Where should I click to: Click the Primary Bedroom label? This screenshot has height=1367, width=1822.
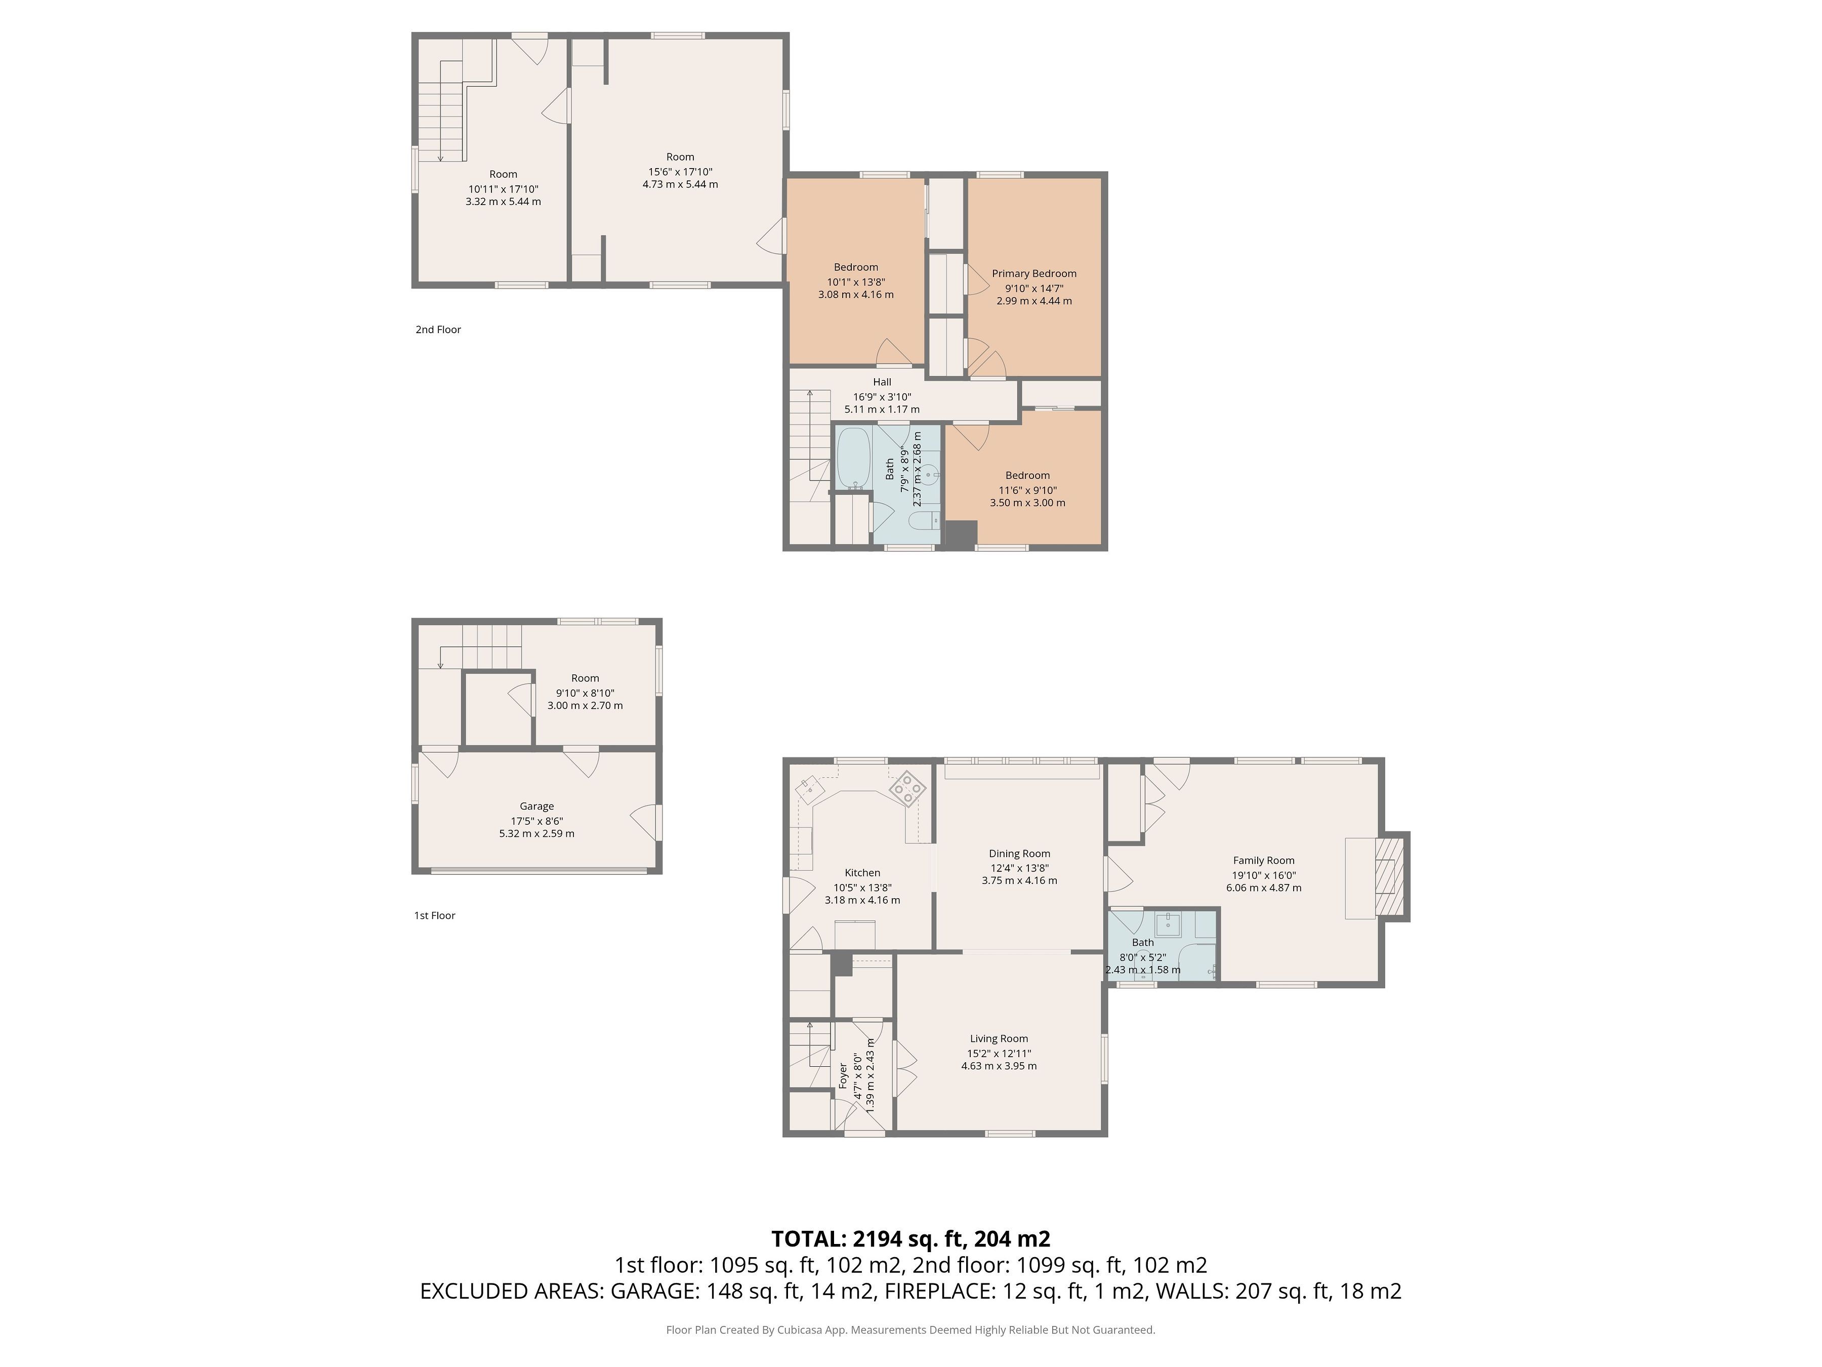click(x=1033, y=273)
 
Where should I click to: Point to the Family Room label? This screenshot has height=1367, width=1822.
click(x=1264, y=860)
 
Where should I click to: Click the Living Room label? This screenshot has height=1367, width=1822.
click(x=999, y=1038)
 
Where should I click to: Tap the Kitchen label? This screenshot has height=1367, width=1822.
click(x=862, y=873)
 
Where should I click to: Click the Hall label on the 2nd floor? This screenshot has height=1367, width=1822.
click(x=882, y=382)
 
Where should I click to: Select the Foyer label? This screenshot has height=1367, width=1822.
click(x=843, y=1075)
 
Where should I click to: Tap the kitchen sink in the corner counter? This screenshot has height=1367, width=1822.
click(x=810, y=789)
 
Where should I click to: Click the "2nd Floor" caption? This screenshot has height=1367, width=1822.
click(x=438, y=330)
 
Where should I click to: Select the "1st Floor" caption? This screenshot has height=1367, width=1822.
click(x=435, y=915)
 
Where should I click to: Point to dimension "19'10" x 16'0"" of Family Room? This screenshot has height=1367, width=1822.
click(x=1264, y=875)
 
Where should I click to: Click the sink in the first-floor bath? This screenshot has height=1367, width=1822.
click(x=1169, y=924)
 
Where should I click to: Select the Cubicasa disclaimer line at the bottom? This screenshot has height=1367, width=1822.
click(x=910, y=1329)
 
